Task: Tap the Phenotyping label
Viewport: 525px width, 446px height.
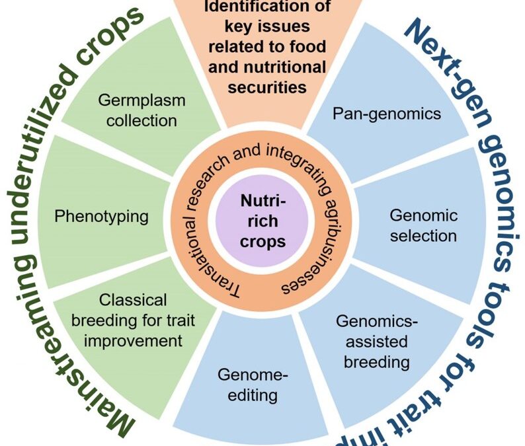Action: (x=101, y=216)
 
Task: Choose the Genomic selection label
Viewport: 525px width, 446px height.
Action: (x=423, y=225)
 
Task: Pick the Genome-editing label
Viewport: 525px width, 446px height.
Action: (x=253, y=385)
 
